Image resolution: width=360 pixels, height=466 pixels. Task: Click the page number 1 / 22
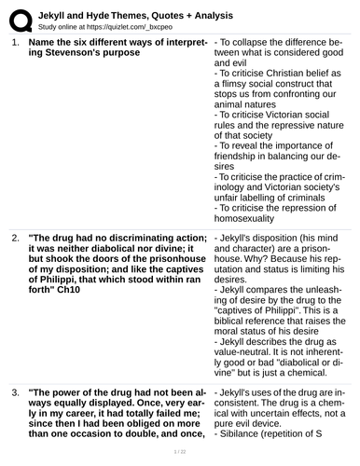click(x=179, y=451)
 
